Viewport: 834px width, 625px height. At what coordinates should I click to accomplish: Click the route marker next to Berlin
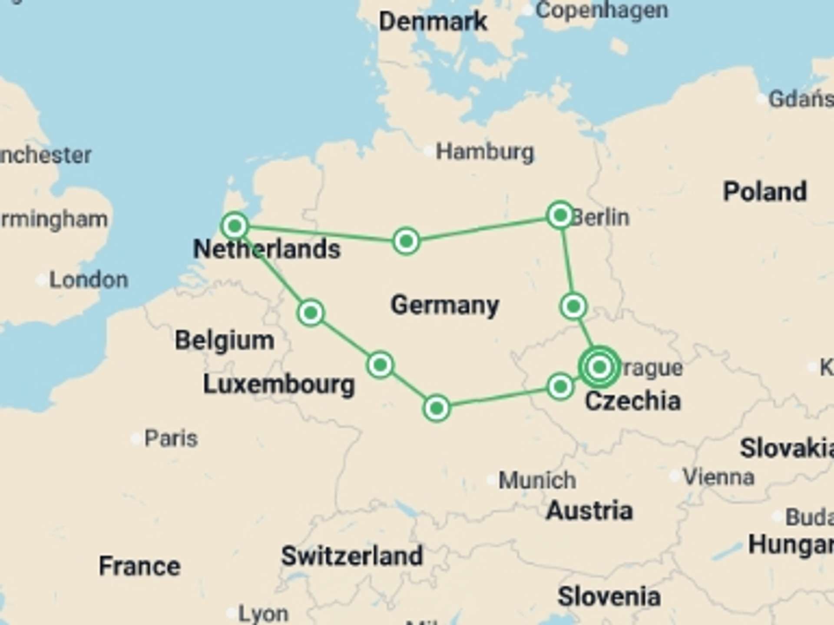coord(560,215)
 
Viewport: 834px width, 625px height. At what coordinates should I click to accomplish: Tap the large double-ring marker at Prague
coord(599,367)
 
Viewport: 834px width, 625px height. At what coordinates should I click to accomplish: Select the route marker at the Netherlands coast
coord(235,226)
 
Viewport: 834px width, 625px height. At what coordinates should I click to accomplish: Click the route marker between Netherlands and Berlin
coord(406,241)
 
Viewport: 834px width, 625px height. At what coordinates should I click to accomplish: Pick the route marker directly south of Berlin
coord(573,306)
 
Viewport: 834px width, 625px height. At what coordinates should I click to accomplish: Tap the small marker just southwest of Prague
coord(560,386)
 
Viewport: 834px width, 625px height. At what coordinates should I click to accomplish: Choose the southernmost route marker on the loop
coord(437,408)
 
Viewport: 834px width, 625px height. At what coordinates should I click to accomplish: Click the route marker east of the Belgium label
coord(311,312)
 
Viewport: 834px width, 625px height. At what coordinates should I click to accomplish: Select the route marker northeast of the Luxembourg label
coord(380,365)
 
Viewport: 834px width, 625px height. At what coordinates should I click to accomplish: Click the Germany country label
coord(445,305)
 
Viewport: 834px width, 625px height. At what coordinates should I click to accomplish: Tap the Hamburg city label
coord(484,152)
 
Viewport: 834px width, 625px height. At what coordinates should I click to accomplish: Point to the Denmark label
coord(433,21)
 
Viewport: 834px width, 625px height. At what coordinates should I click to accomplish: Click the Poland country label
coord(764,191)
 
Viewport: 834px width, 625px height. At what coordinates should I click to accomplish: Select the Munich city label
coord(537,480)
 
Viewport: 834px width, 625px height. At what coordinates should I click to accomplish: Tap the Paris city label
coord(171,438)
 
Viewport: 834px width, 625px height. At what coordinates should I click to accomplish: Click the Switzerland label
coord(352,556)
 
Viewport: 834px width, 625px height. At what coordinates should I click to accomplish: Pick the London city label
coord(89,280)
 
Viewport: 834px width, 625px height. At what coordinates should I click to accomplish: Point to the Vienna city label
coord(718,477)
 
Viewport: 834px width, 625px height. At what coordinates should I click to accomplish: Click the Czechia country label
coord(633,401)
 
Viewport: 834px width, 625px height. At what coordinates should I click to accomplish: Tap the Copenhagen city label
coord(602,10)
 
